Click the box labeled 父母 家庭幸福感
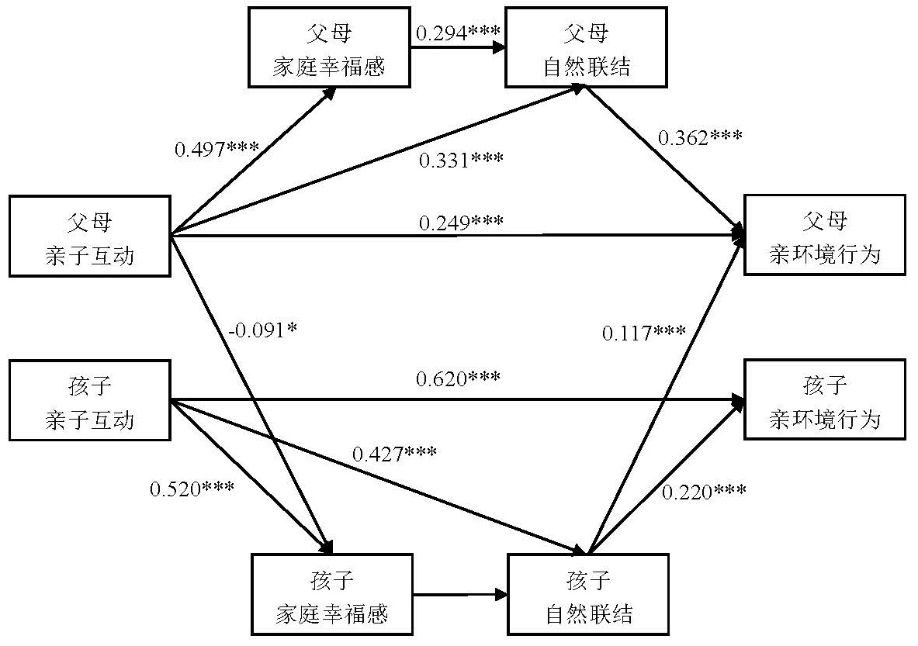[x=329, y=47]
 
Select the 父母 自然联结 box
[x=587, y=47]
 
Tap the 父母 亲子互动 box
[x=89, y=237]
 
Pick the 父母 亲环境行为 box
[x=824, y=235]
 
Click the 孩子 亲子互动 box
[x=89, y=401]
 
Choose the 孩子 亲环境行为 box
[x=824, y=399]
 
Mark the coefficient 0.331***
[x=461, y=161]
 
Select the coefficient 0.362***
[x=700, y=138]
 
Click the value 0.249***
[x=461, y=223]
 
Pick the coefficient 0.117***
[x=644, y=333]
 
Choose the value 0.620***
[x=458, y=379]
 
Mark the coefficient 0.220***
[x=705, y=491]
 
